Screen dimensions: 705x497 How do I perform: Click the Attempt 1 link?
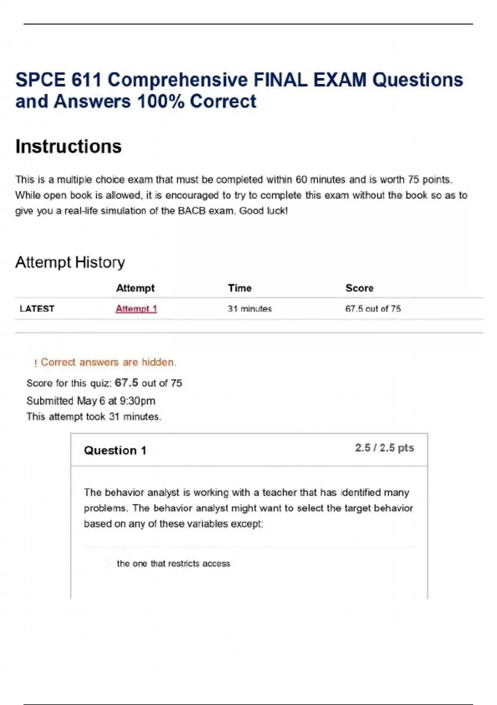[136, 309]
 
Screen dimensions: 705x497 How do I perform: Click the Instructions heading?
[68, 146]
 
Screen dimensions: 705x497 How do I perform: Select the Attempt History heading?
[70, 262]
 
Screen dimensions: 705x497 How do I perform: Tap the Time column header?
[239, 288]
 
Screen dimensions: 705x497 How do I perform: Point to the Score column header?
[359, 288]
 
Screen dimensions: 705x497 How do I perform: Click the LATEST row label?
[37, 309]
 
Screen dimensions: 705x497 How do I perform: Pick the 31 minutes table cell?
[249, 309]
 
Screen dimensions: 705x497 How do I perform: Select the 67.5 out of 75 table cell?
[373, 309]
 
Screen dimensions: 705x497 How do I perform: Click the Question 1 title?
[115, 450]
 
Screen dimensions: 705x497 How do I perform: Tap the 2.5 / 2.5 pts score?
[384, 448]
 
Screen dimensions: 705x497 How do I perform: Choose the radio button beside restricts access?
[107, 563]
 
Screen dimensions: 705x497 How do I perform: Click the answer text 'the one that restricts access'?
[173, 563]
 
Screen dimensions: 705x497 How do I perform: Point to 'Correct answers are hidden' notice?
[108, 362]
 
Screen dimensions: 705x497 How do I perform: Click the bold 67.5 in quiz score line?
[126, 382]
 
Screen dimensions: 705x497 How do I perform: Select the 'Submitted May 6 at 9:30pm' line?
[91, 401]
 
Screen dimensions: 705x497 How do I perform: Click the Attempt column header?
[135, 288]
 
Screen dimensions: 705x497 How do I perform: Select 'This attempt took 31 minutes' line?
[94, 416]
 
